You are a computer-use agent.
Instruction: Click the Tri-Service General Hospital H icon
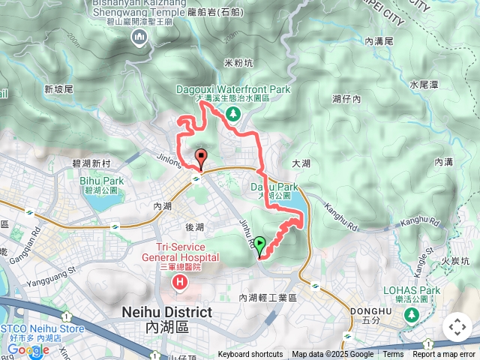click(180, 283)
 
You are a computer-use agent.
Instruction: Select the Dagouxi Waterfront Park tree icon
click(232, 113)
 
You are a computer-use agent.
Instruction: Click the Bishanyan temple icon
click(138, 37)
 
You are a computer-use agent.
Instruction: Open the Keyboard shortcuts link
click(250, 355)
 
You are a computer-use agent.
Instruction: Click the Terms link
click(393, 355)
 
